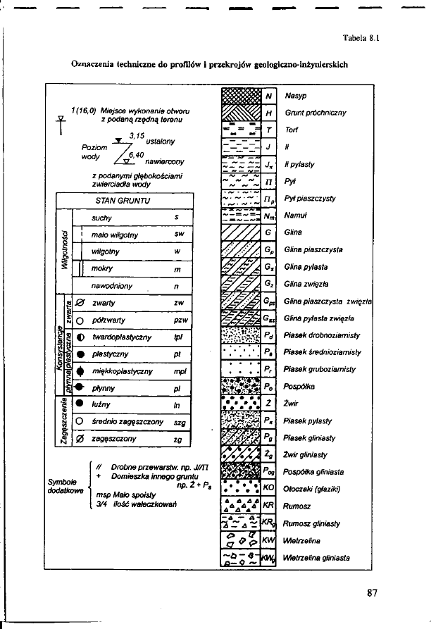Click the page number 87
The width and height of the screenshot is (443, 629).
click(x=373, y=592)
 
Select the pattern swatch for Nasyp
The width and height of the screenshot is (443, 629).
click(x=240, y=95)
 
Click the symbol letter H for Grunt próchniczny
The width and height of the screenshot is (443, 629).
click(x=269, y=113)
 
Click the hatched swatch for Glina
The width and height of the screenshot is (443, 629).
click(x=240, y=232)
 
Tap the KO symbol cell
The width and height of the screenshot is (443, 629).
click(x=268, y=487)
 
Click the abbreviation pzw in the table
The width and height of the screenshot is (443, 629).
click(x=179, y=321)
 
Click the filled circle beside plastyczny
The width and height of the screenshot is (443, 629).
click(x=80, y=354)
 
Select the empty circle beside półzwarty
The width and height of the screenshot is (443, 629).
click(x=80, y=321)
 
